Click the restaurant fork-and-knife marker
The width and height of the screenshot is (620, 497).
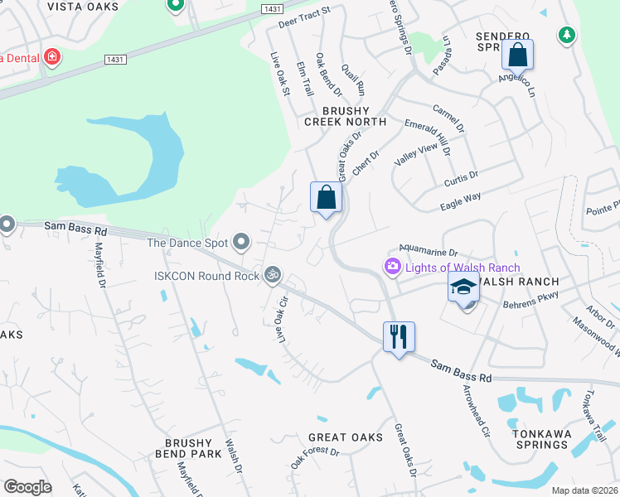coord(399,336)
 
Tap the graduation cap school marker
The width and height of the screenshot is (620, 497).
coord(464,288)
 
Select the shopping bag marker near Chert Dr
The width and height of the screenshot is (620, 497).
coord(327,197)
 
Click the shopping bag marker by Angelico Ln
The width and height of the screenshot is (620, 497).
coord(517,55)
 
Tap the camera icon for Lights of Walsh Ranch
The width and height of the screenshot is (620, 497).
coord(391,267)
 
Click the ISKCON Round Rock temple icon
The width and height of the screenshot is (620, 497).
coord(272,274)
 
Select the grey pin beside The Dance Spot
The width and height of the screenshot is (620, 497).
coord(241,242)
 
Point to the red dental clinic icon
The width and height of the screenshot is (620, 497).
coord(51,57)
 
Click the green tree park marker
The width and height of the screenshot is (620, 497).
coord(567,35)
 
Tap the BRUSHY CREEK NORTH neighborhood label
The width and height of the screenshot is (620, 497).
coord(345,116)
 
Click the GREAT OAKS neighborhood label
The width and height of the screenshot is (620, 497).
coord(346,437)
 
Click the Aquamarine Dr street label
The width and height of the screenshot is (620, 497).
coord(429,250)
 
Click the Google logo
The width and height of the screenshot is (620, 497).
coord(27,487)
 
